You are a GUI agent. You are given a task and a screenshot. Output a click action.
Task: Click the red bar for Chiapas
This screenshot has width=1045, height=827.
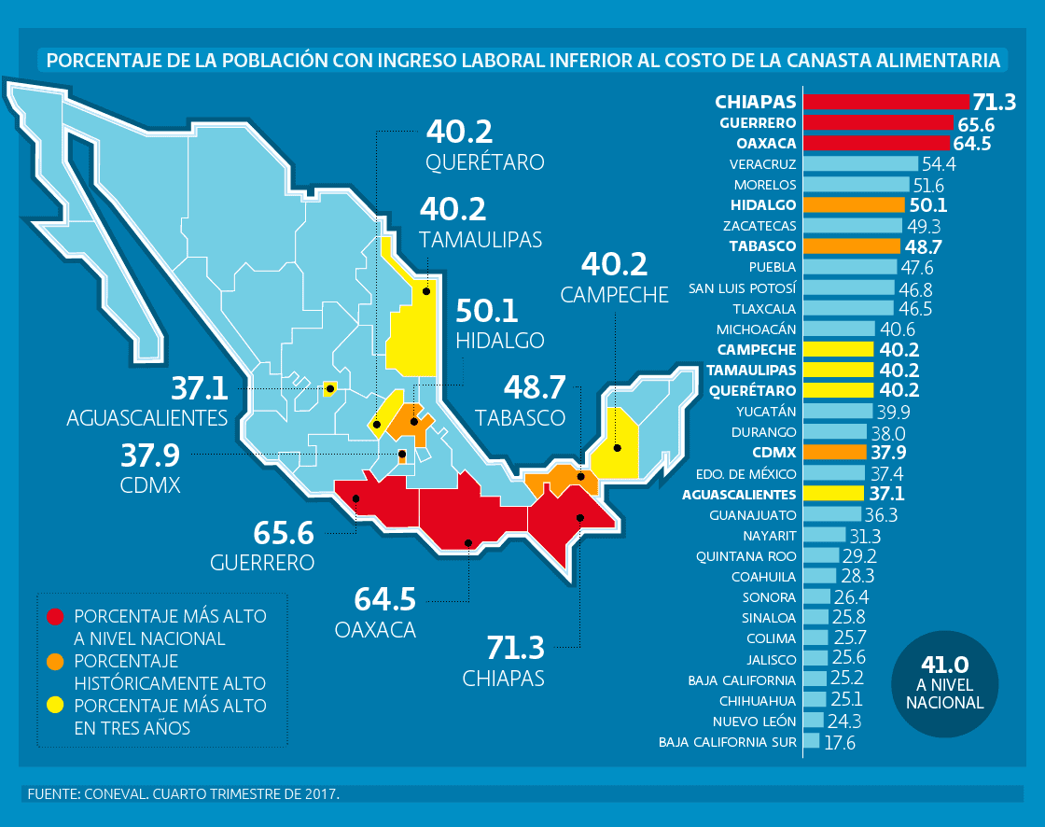coord(886,102)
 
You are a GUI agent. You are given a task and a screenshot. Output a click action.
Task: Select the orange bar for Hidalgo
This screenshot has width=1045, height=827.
coord(854,204)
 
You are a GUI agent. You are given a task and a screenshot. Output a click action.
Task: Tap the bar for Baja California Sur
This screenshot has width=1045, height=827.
coord(811,741)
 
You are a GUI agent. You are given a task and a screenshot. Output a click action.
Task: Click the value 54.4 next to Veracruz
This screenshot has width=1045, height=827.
coord(940,164)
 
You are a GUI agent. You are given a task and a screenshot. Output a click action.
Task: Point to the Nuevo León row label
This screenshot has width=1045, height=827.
coord(755,722)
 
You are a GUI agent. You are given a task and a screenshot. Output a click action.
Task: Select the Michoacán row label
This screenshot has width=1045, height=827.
coord(757,329)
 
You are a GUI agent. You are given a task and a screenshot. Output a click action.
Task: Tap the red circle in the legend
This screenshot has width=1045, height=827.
coord(56,617)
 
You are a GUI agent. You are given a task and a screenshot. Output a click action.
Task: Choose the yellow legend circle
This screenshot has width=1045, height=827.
coord(56,707)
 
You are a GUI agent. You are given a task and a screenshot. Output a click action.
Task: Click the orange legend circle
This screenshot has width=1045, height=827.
coord(56,662)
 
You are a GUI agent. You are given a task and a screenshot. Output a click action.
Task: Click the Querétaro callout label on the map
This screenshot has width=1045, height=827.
coord(484,162)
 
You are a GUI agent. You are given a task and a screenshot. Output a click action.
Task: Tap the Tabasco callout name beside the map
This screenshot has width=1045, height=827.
coord(520,416)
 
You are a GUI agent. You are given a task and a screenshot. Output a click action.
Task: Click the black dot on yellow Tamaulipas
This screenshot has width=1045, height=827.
coord(425,291)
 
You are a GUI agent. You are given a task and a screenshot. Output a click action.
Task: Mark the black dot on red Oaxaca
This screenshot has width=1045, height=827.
coord(468,542)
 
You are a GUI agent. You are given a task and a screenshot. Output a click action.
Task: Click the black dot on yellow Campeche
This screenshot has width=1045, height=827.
coord(617,448)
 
